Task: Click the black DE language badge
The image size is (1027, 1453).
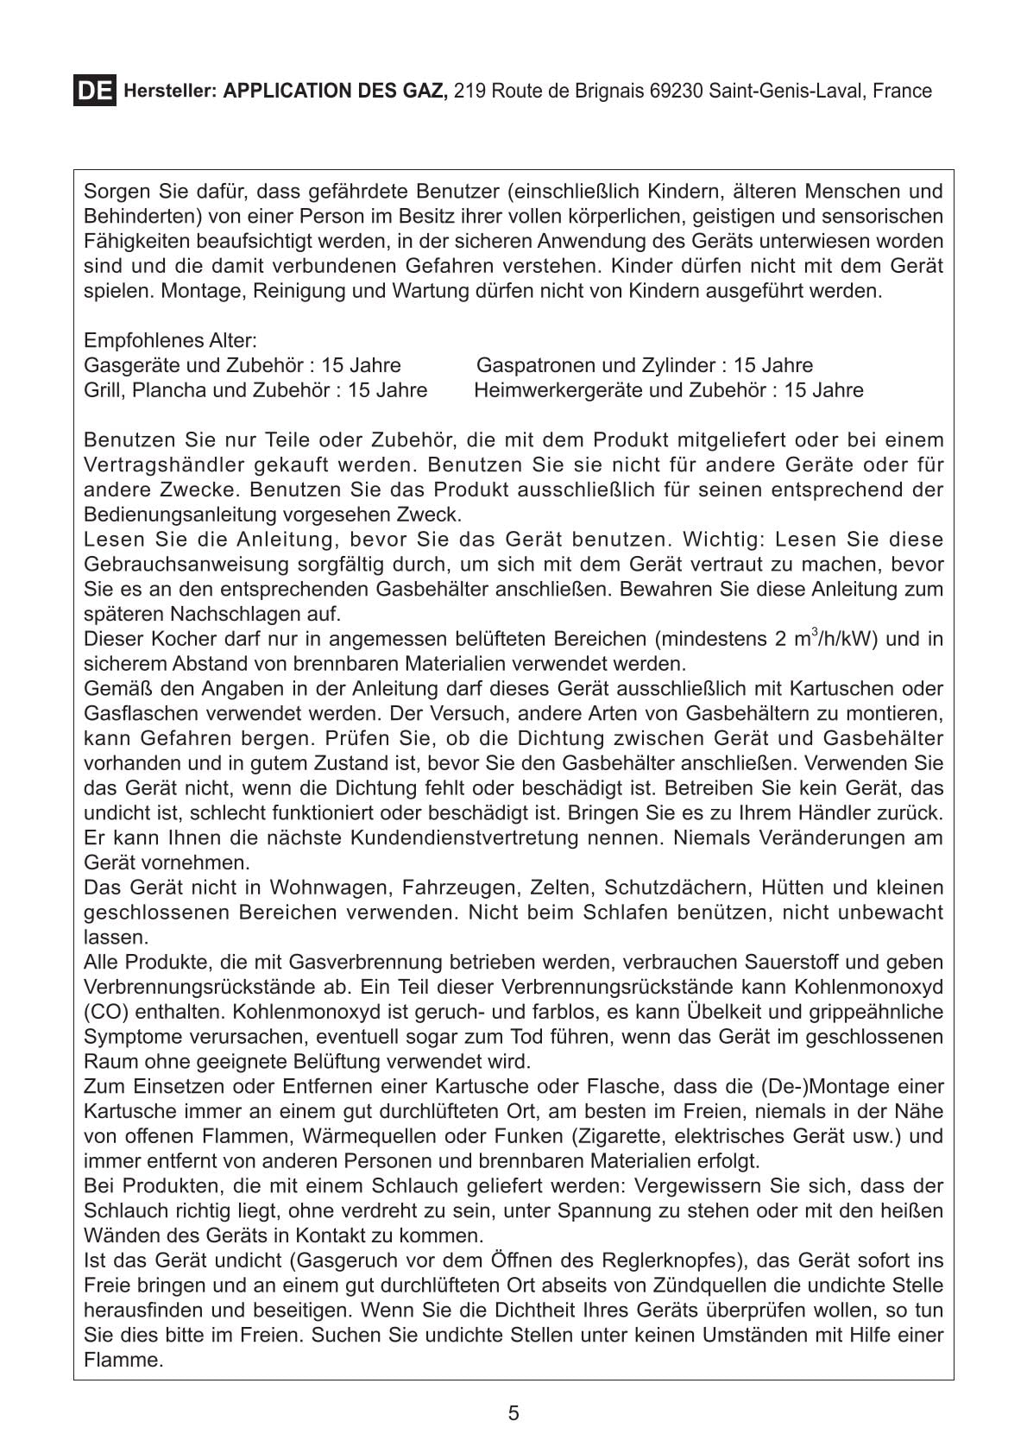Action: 94,91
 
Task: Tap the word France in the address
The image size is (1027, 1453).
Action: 902,91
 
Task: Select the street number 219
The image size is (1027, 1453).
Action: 469,91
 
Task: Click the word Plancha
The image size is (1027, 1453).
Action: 166,390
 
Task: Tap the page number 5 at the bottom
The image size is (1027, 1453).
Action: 513,1413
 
